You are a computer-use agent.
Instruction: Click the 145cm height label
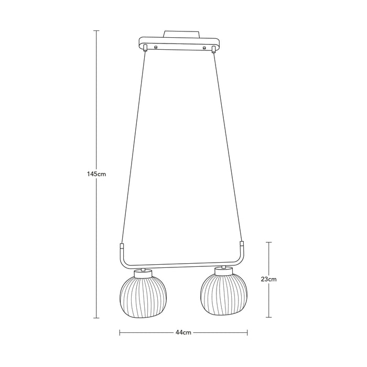[97, 174]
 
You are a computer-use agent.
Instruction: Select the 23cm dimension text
[269, 279]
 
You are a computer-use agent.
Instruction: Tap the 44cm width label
[183, 332]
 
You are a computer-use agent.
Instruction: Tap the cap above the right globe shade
[223, 271]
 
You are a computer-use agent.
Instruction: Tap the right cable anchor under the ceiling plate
[213, 50]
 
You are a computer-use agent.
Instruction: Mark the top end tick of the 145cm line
[97, 31]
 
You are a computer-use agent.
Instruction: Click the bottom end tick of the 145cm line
[97, 318]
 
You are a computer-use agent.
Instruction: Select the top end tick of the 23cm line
[269, 242]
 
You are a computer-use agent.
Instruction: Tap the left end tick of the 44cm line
[120, 332]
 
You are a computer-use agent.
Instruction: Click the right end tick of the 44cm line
[247, 332]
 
